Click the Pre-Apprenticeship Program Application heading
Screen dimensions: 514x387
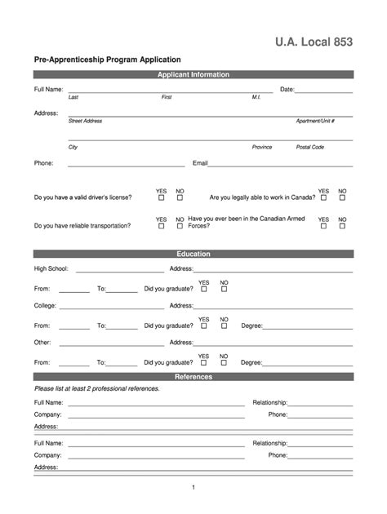pyautogui.click(x=107, y=60)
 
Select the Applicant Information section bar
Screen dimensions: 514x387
pyautogui.click(x=193, y=75)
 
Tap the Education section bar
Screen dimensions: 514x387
pyautogui.click(x=193, y=254)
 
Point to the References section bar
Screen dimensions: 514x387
pyautogui.click(x=193, y=377)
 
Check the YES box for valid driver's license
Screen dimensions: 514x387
pyautogui.click(x=161, y=197)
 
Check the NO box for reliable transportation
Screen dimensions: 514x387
pyautogui.click(x=180, y=226)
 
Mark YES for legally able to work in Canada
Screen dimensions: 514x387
pyautogui.click(x=323, y=197)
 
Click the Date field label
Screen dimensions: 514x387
pyautogui.click(x=287, y=89)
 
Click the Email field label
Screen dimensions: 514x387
pyautogui.click(x=200, y=163)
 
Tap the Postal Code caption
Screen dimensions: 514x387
pyautogui.click(x=309, y=148)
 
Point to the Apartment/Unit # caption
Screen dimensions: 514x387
pyautogui.click(x=314, y=121)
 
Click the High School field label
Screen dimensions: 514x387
pyautogui.click(x=51, y=268)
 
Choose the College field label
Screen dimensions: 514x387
pyautogui.click(x=45, y=305)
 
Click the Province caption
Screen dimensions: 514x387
pyautogui.click(x=262, y=148)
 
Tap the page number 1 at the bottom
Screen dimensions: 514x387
pyautogui.click(x=193, y=488)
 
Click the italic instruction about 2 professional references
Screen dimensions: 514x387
pyautogui.click(x=96, y=389)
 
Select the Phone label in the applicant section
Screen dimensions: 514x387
pyautogui.click(x=43, y=163)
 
